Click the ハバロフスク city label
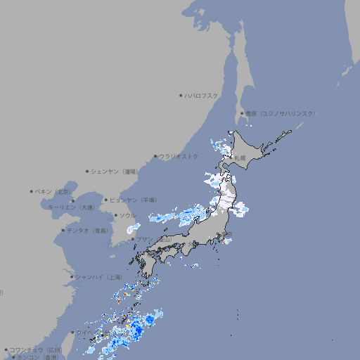(202, 95)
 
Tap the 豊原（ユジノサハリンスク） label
(280, 114)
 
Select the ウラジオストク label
(179, 156)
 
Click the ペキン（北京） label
(54, 191)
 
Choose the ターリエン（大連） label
(71, 207)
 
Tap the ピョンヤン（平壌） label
(134, 200)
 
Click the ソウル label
(127, 215)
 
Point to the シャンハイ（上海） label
(99, 277)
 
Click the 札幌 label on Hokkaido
(240, 157)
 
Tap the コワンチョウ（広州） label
(36, 349)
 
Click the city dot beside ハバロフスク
(181, 95)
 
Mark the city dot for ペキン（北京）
(32, 191)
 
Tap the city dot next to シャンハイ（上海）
(72, 277)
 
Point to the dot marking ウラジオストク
(155, 156)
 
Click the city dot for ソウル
(115, 215)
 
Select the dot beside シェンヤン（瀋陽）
(87, 172)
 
